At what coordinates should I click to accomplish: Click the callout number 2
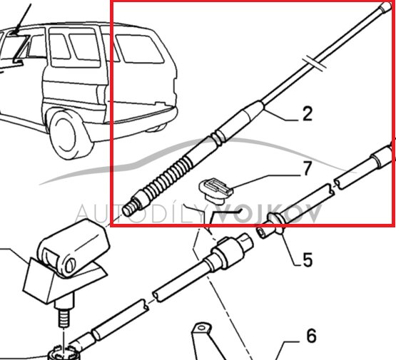[307, 114]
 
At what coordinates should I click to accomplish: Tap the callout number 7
[307, 168]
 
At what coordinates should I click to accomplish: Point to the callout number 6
[311, 336]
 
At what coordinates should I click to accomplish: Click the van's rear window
[139, 49]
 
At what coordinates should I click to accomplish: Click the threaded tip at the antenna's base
[129, 210]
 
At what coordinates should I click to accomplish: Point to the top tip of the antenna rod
[385, 6]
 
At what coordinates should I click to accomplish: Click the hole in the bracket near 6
[201, 328]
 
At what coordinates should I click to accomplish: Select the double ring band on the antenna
[218, 138]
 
